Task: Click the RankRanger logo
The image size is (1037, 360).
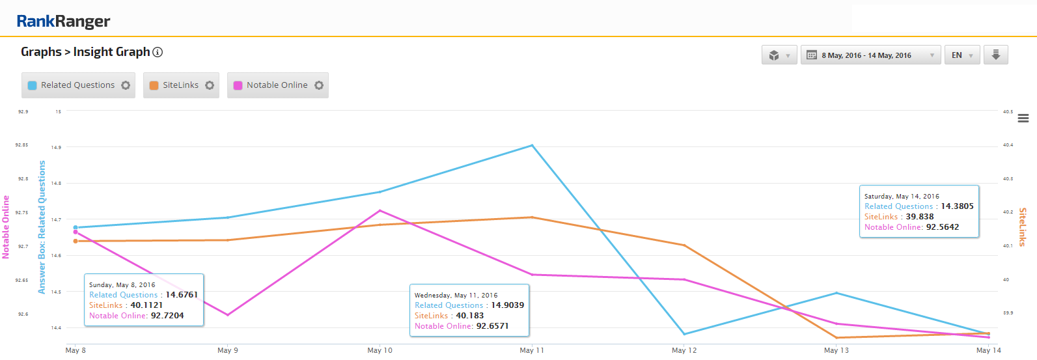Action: tap(63, 21)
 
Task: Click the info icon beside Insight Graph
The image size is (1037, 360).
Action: tap(158, 52)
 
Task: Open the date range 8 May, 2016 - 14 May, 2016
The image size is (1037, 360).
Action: tap(870, 55)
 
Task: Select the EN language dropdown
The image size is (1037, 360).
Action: tap(961, 55)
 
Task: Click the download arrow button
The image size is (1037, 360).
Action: tap(995, 55)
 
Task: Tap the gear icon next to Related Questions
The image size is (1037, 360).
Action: tap(126, 85)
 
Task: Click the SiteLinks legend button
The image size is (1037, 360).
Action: tap(181, 85)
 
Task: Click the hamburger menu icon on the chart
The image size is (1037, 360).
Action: tap(1023, 118)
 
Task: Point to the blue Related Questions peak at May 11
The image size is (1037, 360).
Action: tap(532, 145)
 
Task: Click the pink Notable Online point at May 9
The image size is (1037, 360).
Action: tap(228, 315)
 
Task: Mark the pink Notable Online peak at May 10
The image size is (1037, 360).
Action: tap(380, 210)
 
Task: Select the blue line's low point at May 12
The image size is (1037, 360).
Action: tap(684, 334)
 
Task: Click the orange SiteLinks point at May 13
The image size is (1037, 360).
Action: tap(837, 338)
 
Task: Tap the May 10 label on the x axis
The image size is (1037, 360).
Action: tap(380, 350)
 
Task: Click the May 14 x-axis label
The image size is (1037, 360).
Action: tap(988, 350)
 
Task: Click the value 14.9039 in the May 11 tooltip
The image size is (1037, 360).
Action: tap(507, 305)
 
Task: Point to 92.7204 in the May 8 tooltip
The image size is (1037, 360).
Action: tap(167, 316)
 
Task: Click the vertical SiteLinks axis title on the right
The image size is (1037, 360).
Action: tap(1023, 227)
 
